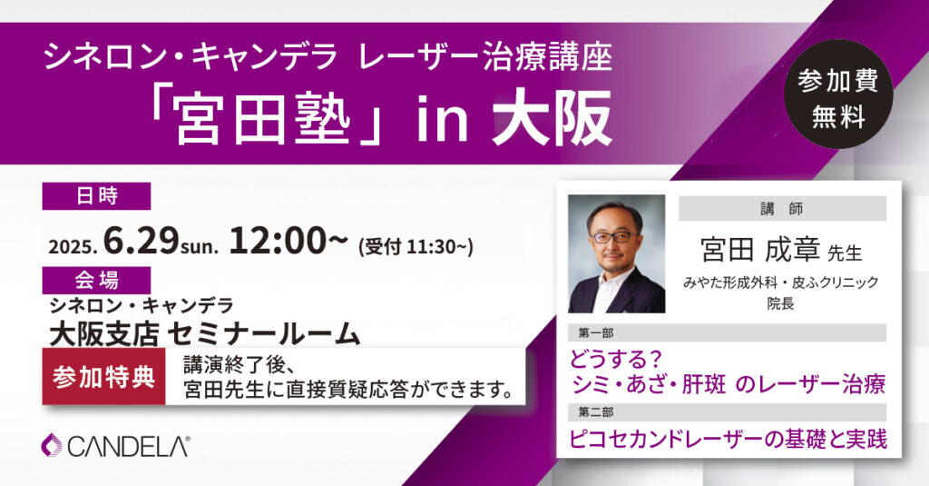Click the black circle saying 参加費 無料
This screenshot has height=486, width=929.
click(x=837, y=94)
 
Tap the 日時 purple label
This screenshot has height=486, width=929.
click(x=96, y=196)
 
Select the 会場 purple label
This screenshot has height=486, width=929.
click(x=96, y=280)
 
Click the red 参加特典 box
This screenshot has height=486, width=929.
click(x=103, y=377)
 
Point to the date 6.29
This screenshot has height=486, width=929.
click(x=141, y=241)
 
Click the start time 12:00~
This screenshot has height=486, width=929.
click(x=288, y=241)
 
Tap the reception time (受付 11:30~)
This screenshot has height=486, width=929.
click(x=416, y=245)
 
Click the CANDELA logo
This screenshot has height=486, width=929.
click(x=115, y=446)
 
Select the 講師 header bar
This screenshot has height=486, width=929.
click(x=782, y=209)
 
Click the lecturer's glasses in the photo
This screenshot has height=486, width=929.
click(x=614, y=237)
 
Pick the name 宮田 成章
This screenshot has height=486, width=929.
click(x=760, y=250)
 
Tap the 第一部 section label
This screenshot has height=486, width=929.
click(x=596, y=332)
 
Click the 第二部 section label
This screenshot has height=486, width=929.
click(x=596, y=412)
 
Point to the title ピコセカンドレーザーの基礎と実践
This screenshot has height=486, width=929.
click(x=729, y=439)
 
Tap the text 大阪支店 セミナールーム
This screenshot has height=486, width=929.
click(x=205, y=333)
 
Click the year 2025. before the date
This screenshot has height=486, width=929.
click(x=73, y=246)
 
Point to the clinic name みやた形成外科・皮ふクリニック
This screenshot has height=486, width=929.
click(x=781, y=283)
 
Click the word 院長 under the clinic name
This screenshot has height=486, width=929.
click(x=781, y=303)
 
